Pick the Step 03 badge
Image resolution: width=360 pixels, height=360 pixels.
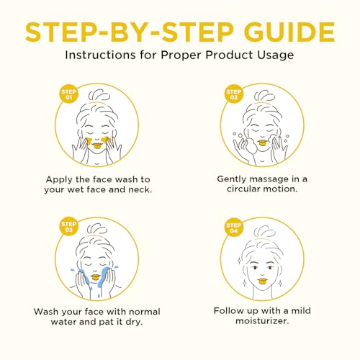point(67,226)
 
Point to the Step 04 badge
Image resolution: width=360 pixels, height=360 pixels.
point(234,226)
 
